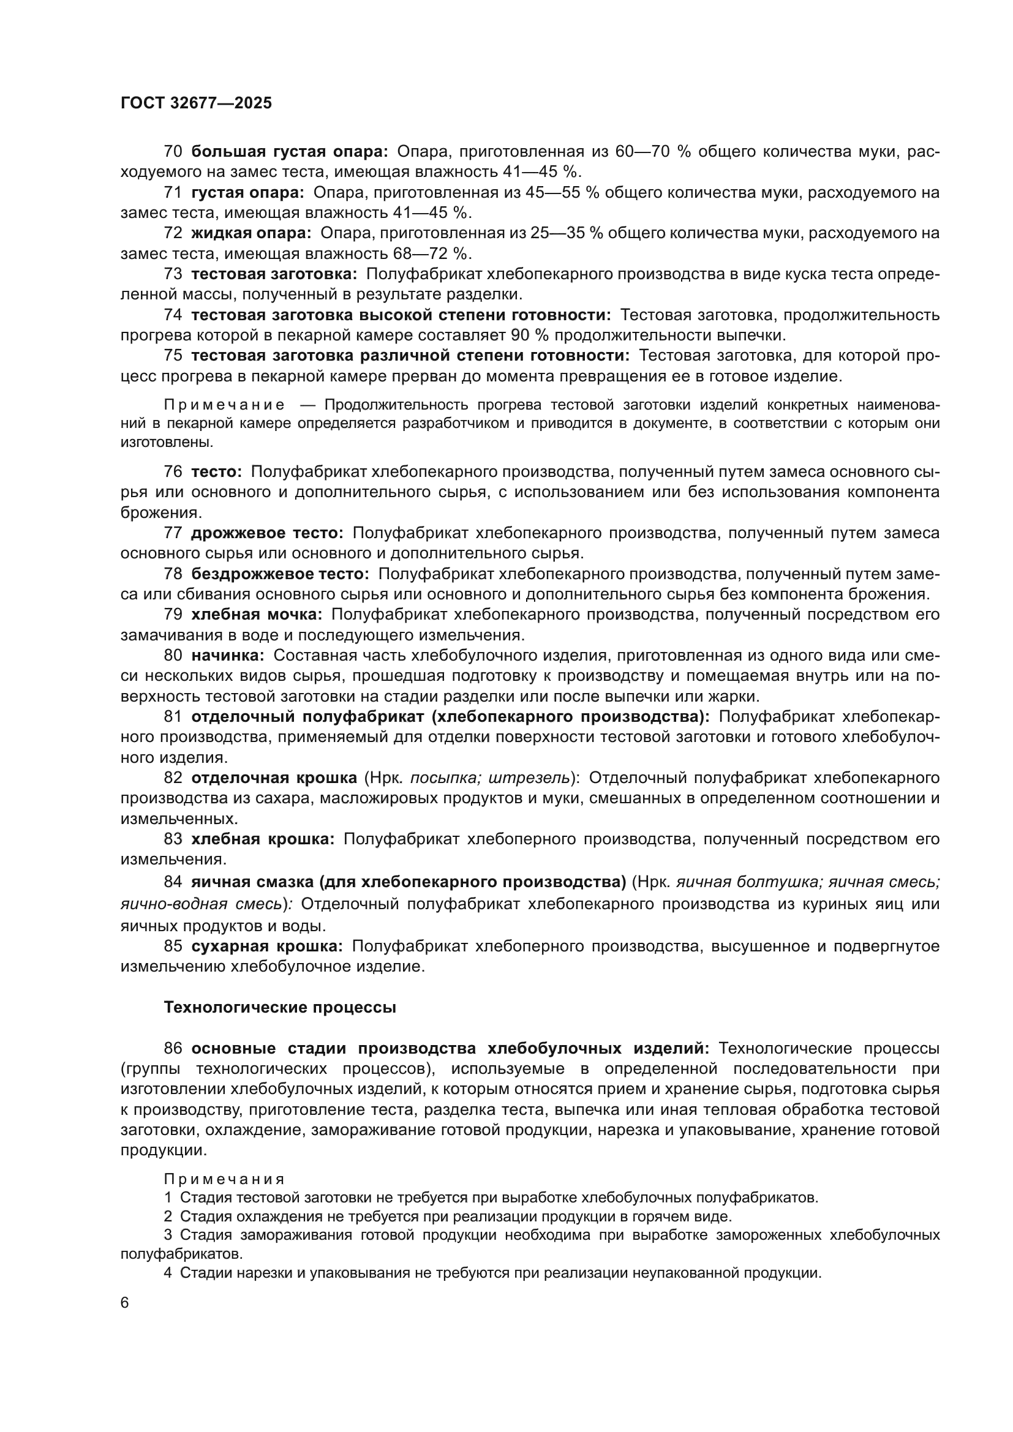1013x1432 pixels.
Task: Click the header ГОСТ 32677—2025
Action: (196, 103)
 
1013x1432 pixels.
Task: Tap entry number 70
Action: (173, 152)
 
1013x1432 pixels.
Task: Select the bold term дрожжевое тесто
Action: (267, 533)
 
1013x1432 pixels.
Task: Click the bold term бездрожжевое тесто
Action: (280, 574)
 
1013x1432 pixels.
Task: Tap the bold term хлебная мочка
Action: (257, 615)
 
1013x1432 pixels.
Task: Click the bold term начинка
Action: (228, 656)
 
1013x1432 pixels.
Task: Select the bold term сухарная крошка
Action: (266, 946)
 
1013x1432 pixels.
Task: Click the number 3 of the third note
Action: (168, 1235)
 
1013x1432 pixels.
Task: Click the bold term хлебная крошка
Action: (263, 839)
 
